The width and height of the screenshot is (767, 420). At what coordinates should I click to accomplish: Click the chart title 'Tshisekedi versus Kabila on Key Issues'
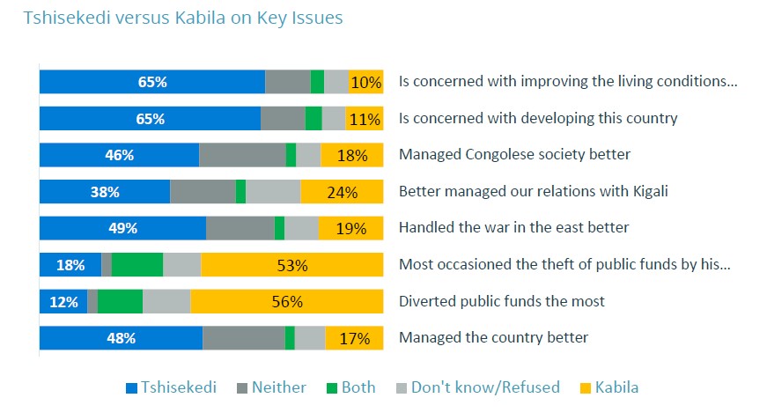click(x=183, y=18)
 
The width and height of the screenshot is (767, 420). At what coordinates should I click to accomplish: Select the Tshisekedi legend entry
click(x=172, y=387)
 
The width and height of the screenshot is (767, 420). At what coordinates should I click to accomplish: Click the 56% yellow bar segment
click(x=287, y=301)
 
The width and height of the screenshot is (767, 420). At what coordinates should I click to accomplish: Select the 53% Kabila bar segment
click(x=292, y=264)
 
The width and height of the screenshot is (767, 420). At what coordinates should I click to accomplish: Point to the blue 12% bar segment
click(x=63, y=301)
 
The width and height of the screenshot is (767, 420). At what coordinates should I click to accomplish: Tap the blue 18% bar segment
click(x=70, y=264)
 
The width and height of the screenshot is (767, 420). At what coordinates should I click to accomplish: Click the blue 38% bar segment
click(x=105, y=192)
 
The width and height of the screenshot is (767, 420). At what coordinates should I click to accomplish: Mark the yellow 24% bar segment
click(x=342, y=192)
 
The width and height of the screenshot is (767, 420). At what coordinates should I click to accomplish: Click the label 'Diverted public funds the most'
click(x=502, y=301)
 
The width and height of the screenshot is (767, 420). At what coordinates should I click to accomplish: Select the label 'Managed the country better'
click(x=493, y=337)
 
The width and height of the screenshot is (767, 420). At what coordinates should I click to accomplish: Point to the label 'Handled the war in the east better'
click(x=514, y=228)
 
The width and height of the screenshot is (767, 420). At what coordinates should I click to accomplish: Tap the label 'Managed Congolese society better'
click(x=514, y=155)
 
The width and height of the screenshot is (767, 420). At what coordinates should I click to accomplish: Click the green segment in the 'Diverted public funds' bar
click(x=120, y=301)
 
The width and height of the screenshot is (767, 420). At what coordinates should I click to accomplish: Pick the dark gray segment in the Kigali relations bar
click(x=203, y=192)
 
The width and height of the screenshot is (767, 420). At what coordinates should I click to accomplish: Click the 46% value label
click(x=119, y=155)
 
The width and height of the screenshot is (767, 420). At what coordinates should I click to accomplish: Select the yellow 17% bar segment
click(x=354, y=337)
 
